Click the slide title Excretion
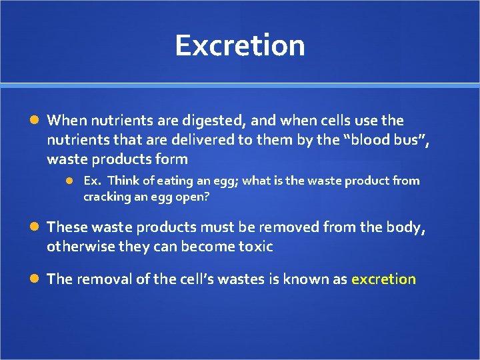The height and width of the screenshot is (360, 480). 240,45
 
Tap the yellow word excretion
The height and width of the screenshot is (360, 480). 383,279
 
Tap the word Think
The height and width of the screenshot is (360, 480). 123,181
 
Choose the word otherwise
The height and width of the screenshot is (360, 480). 79,247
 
